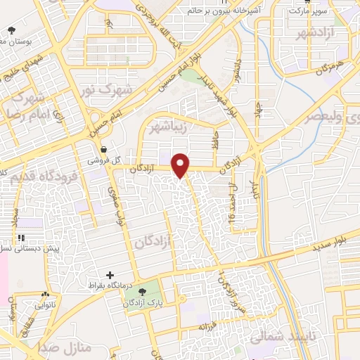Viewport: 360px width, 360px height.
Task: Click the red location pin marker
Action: [181, 165]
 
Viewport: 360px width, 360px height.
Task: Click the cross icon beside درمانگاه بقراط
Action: [109, 274]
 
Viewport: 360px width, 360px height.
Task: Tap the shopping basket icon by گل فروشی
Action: [104, 149]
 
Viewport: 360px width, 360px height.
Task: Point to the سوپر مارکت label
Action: [303, 11]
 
